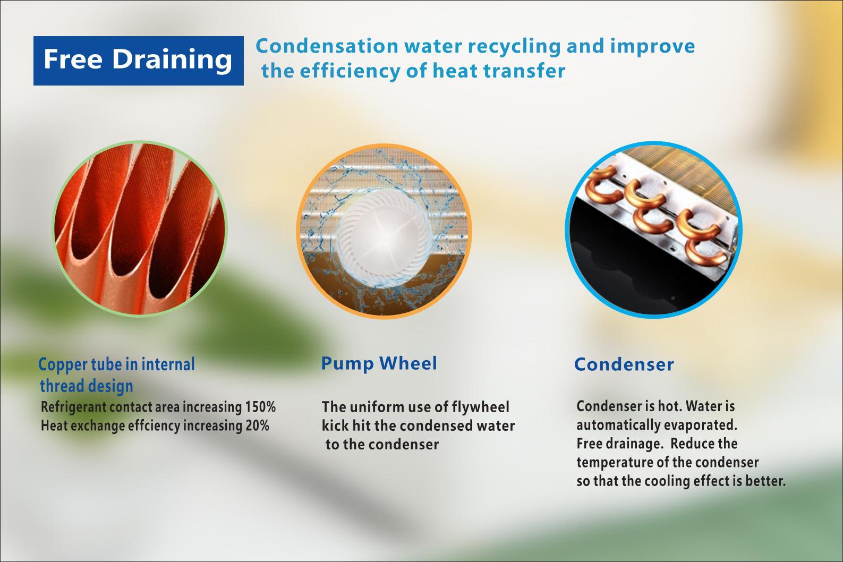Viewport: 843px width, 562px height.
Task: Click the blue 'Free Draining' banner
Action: (x=139, y=61)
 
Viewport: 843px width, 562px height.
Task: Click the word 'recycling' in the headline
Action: (x=514, y=47)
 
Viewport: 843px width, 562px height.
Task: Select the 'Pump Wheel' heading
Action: (x=379, y=364)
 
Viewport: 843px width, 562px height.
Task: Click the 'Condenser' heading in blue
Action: (x=624, y=364)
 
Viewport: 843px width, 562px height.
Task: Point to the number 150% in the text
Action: (x=260, y=407)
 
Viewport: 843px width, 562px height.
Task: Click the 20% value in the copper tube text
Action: (x=258, y=425)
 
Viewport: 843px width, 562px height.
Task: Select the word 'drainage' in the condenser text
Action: (x=634, y=444)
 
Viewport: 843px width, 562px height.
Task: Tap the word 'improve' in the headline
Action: (x=653, y=47)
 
